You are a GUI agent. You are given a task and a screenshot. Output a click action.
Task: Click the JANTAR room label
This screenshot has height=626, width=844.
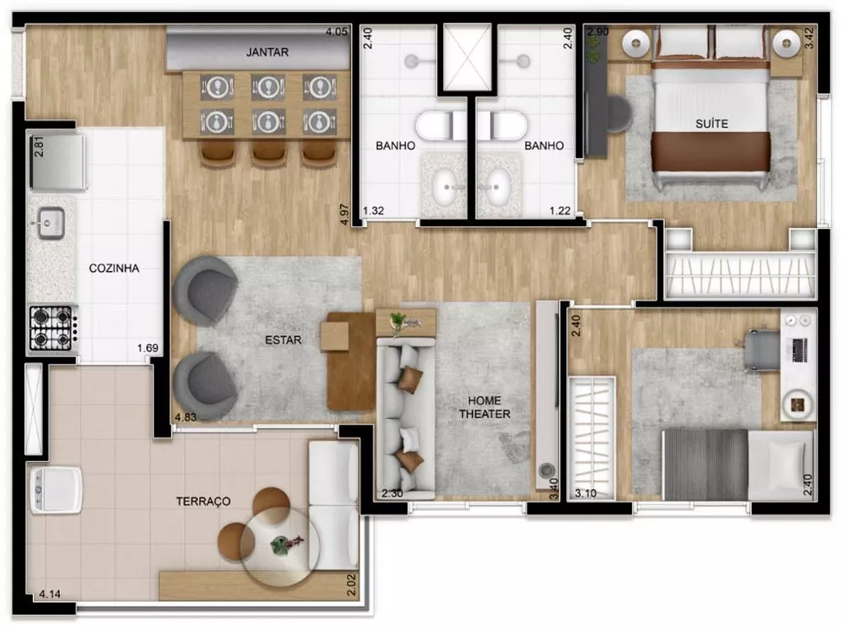point(268,52)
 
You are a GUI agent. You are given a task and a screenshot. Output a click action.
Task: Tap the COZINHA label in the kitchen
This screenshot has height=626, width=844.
point(114,269)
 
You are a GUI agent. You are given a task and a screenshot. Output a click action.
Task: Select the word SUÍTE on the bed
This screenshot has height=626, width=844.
point(712,123)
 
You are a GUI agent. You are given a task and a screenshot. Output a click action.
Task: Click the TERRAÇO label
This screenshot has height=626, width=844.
point(203,501)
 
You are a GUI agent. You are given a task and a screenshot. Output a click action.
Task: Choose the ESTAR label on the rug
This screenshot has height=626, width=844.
point(281,340)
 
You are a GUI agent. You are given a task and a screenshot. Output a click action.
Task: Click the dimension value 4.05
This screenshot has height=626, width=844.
point(337,33)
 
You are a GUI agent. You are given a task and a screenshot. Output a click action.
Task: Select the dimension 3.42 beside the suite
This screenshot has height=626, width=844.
point(809,41)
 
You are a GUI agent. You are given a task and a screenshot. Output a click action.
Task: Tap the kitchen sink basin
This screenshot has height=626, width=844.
point(49,224)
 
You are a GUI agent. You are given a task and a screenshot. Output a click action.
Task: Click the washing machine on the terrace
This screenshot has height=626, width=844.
point(56,491)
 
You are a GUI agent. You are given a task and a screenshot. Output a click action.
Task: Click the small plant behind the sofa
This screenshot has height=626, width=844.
point(398,320)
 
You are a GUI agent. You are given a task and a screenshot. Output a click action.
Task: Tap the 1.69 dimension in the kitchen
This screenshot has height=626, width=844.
point(149,347)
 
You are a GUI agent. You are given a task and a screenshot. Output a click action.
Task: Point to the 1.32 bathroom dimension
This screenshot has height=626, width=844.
point(374,211)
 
